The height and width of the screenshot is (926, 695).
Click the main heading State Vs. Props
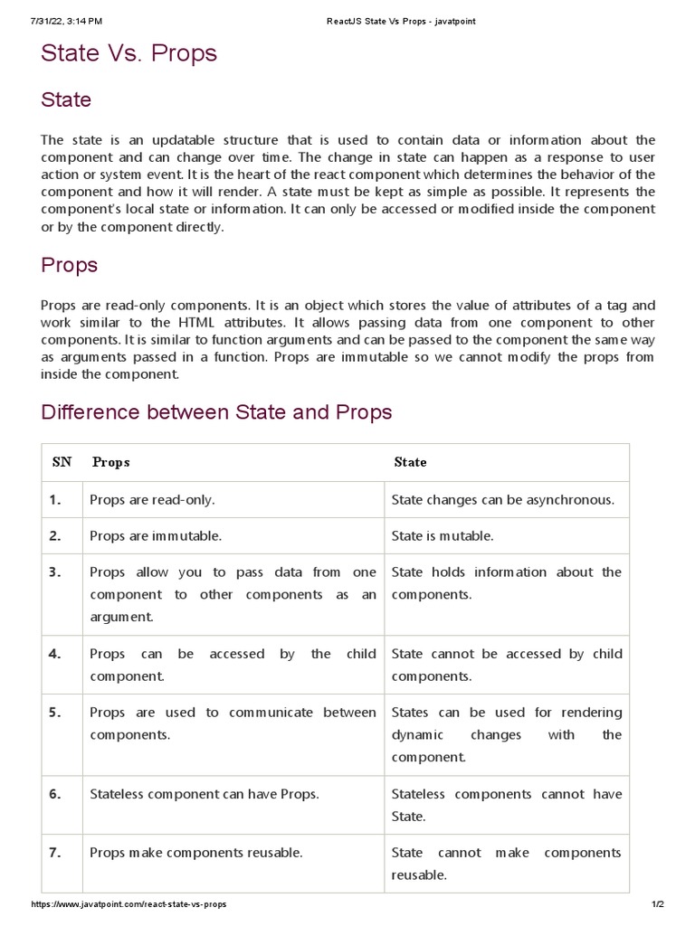pos(129,54)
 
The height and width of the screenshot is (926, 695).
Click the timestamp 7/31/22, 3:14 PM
pos(54,21)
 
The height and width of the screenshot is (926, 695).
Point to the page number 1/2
pos(658,904)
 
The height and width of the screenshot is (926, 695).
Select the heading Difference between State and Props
pos(216,412)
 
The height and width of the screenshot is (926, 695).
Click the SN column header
pos(62,462)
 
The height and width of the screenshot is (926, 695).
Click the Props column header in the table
pos(111,462)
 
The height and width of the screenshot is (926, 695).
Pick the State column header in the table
pos(410,462)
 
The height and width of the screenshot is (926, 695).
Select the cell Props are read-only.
pos(152,499)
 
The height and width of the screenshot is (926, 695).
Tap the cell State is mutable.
pos(443,535)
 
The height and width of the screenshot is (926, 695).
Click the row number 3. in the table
pos(56,572)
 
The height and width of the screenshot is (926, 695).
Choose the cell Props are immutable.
pos(156,535)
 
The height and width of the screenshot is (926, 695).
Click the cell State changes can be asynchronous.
pos(502,499)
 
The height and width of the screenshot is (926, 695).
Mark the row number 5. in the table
pos(56,713)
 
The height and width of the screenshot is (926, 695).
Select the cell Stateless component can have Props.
pos(205,794)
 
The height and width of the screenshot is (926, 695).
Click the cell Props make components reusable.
pos(196,853)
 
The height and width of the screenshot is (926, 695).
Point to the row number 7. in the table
pos(56,853)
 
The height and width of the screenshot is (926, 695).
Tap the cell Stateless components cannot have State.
pos(506,805)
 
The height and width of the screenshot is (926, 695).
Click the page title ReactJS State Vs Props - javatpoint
pos(400,21)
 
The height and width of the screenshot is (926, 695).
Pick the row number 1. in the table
pos(56,499)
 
